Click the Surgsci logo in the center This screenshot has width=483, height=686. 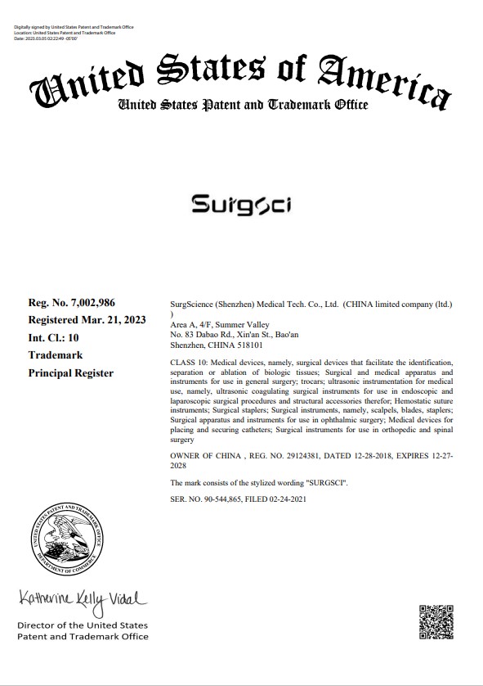coord(241,204)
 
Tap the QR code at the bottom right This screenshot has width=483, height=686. coord(436,621)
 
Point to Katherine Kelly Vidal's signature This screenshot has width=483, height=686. coord(82,603)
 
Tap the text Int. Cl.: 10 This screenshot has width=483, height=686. coord(54,336)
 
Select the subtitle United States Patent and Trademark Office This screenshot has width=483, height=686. coord(242,105)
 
